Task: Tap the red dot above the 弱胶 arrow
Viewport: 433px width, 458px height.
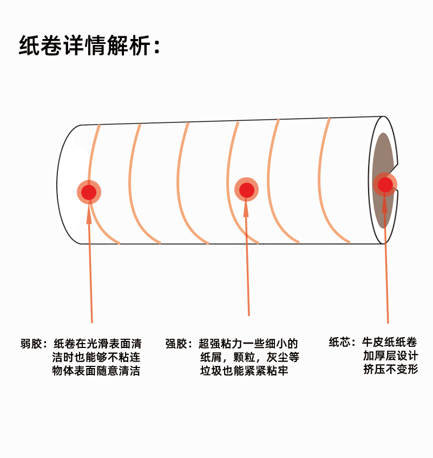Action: pos(89,192)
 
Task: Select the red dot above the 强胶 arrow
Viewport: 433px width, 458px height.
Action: pos(247,190)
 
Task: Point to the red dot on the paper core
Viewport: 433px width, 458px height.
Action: pos(385,185)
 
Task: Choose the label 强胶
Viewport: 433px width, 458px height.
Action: pos(176,344)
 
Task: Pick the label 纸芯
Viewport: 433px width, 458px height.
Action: pos(340,342)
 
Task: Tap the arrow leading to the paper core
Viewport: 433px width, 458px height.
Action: pos(386,260)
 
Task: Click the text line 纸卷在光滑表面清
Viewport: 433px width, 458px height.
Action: pos(97,344)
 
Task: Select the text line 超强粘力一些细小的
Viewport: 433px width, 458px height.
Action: pos(248,344)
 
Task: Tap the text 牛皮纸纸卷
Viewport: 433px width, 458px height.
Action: pos(390,342)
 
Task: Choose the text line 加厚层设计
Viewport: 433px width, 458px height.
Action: pos(390,356)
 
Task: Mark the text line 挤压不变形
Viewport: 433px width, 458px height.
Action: pos(390,370)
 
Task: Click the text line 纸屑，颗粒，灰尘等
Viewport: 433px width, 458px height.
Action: pos(250,358)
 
